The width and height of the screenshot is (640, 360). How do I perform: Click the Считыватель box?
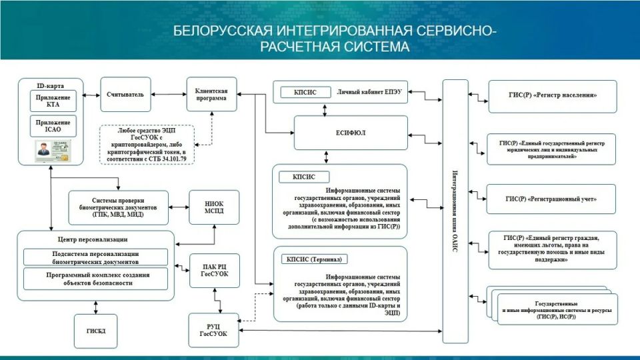point(125,95)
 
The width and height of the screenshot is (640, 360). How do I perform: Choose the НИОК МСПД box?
point(210,207)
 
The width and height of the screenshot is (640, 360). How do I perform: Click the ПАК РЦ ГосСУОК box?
point(210,270)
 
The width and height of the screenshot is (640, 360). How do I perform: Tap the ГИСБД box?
point(95,331)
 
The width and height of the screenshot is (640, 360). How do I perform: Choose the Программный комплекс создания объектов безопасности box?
point(95,279)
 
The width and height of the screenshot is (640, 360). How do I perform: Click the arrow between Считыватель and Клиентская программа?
point(167,94)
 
